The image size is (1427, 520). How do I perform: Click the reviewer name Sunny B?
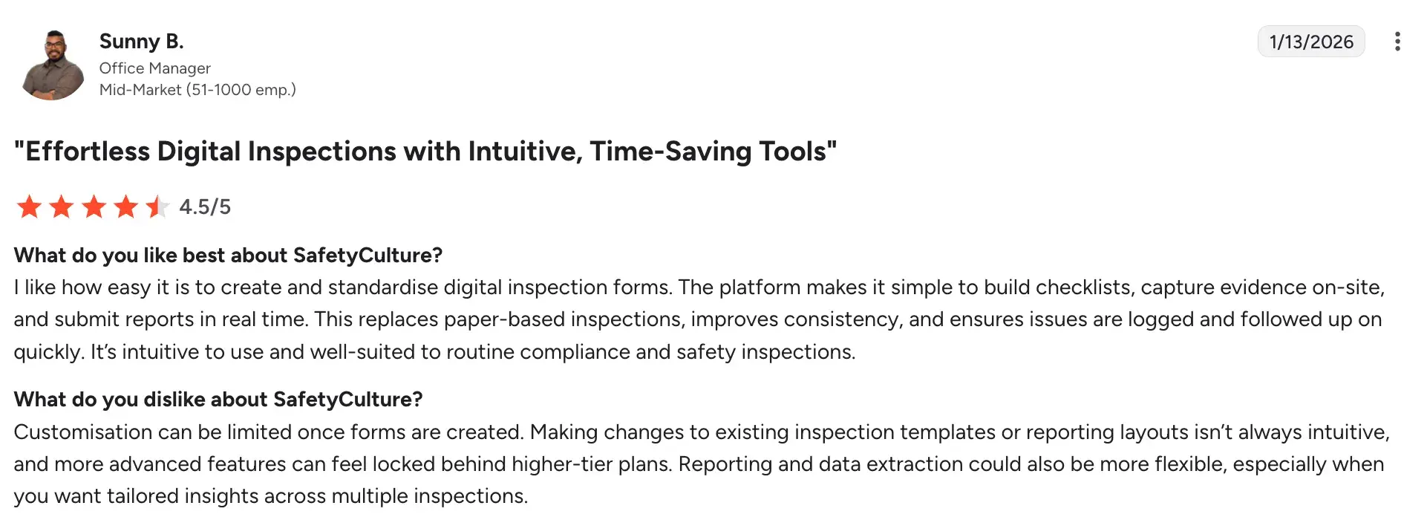coord(141,42)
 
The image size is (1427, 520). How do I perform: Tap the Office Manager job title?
coord(155,68)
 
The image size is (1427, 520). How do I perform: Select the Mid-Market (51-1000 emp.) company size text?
coord(197,90)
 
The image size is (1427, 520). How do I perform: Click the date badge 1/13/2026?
coord(1311,42)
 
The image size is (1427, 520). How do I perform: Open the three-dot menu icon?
coord(1397,42)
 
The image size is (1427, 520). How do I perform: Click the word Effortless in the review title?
coord(88,152)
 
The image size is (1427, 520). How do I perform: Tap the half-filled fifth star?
coord(157,207)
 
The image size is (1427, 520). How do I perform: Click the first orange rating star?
coord(29,207)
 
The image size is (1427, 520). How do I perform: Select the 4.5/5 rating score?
coord(205,207)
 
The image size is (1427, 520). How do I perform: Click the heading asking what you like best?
coord(228,256)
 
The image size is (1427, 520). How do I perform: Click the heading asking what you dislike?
coord(218,400)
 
